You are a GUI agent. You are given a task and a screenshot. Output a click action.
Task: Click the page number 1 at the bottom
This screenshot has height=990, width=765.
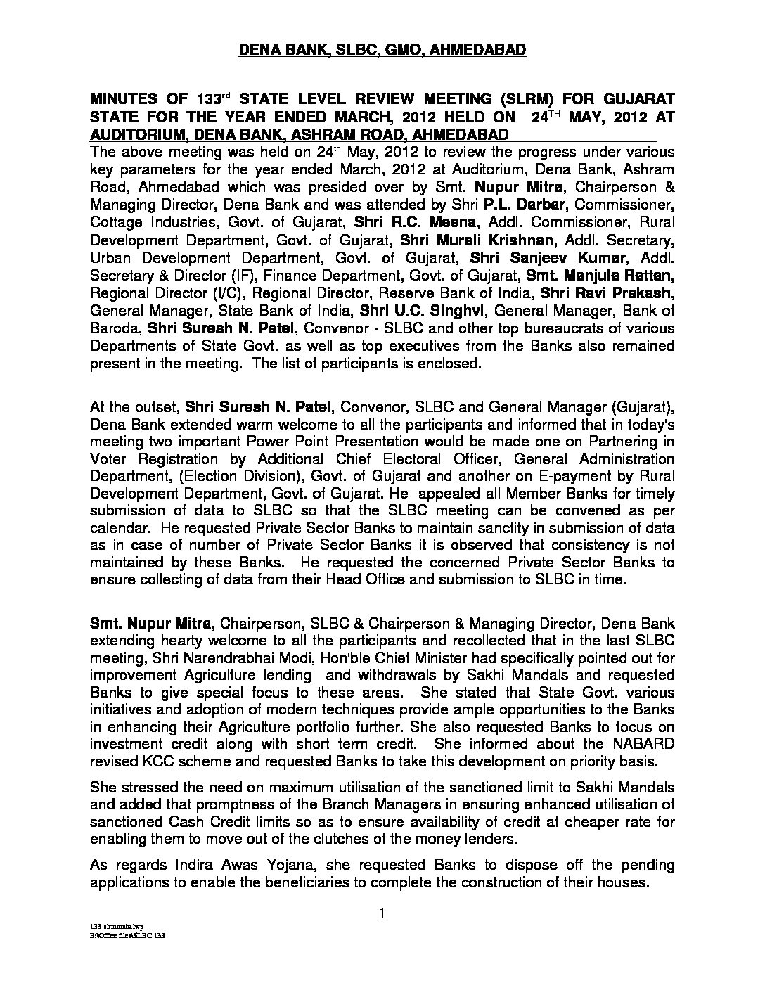click(x=382, y=914)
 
